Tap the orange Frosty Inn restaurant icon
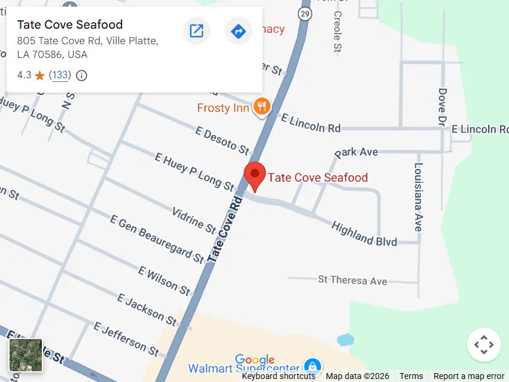pyautogui.click(x=261, y=107)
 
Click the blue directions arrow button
pyautogui.click(x=238, y=31)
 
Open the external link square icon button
pyautogui.click(x=196, y=31)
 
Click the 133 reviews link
pyautogui.click(x=60, y=75)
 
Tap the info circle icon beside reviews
pyautogui.click(x=82, y=76)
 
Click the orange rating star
pyautogui.click(x=40, y=76)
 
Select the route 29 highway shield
pyautogui.click(x=306, y=13)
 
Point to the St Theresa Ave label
pyautogui.click(x=352, y=280)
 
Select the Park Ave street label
pyautogui.click(x=356, y=152)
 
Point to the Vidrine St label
pyautogui.click(x=194, y=221)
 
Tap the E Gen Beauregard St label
pyautogui.click(x=157, y=239)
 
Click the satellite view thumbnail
pyautogui.click(x=26, y=355)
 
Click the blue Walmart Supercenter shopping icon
pyautogui.click(x=311, y=366)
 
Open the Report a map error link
pyautogui.click(x=469, y=376)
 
